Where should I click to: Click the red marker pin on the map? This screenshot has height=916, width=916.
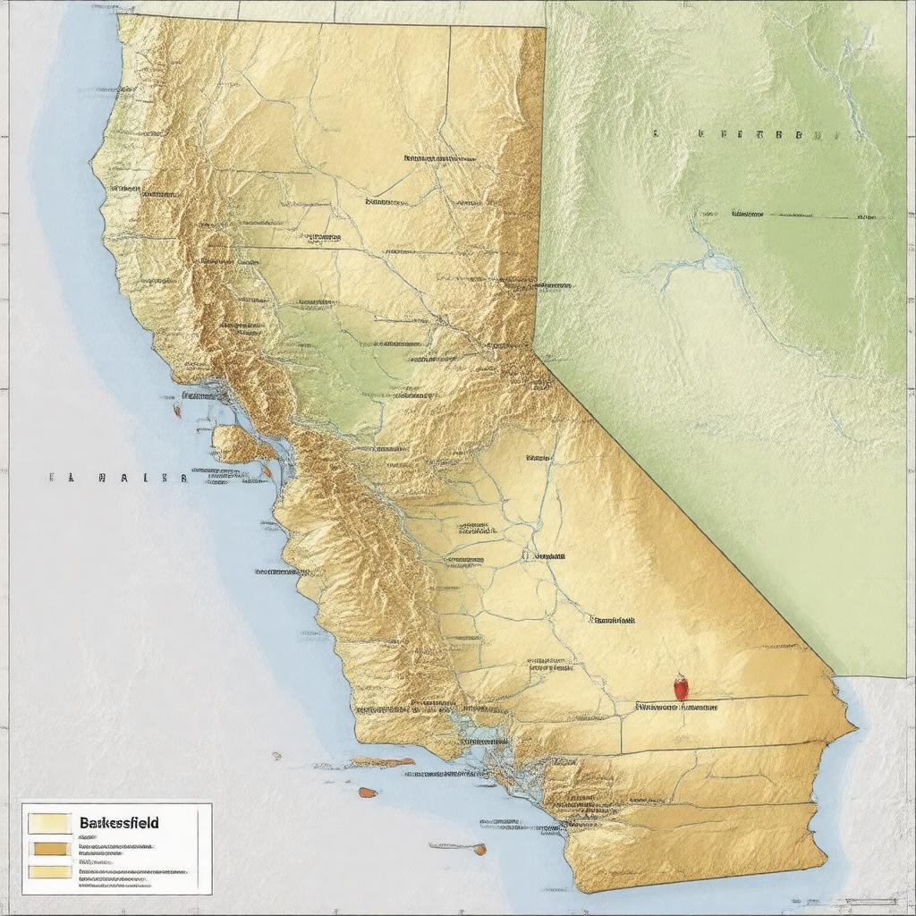tap(681, 687)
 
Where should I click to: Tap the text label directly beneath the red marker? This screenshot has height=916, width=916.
tap(676, 707)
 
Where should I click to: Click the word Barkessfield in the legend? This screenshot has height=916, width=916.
tap(119, 822)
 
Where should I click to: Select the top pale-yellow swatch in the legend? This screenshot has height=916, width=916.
tap(49, 823)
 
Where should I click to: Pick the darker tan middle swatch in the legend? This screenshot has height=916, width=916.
tap(49, 849)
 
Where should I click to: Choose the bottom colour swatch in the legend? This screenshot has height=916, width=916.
tap(49, 871)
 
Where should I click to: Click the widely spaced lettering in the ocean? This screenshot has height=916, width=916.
tap(118, 478)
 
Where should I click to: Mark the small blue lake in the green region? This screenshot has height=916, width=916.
tap(715, 262)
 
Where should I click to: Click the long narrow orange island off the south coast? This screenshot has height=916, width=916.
tap(382, 762)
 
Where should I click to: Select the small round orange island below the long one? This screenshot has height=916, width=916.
tap(367, 793)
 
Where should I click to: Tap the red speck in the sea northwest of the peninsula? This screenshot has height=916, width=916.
tap(177, 411)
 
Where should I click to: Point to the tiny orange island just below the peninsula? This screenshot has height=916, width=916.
tap(266, 469)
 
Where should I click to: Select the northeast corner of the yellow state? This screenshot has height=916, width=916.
tap(544, 29)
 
